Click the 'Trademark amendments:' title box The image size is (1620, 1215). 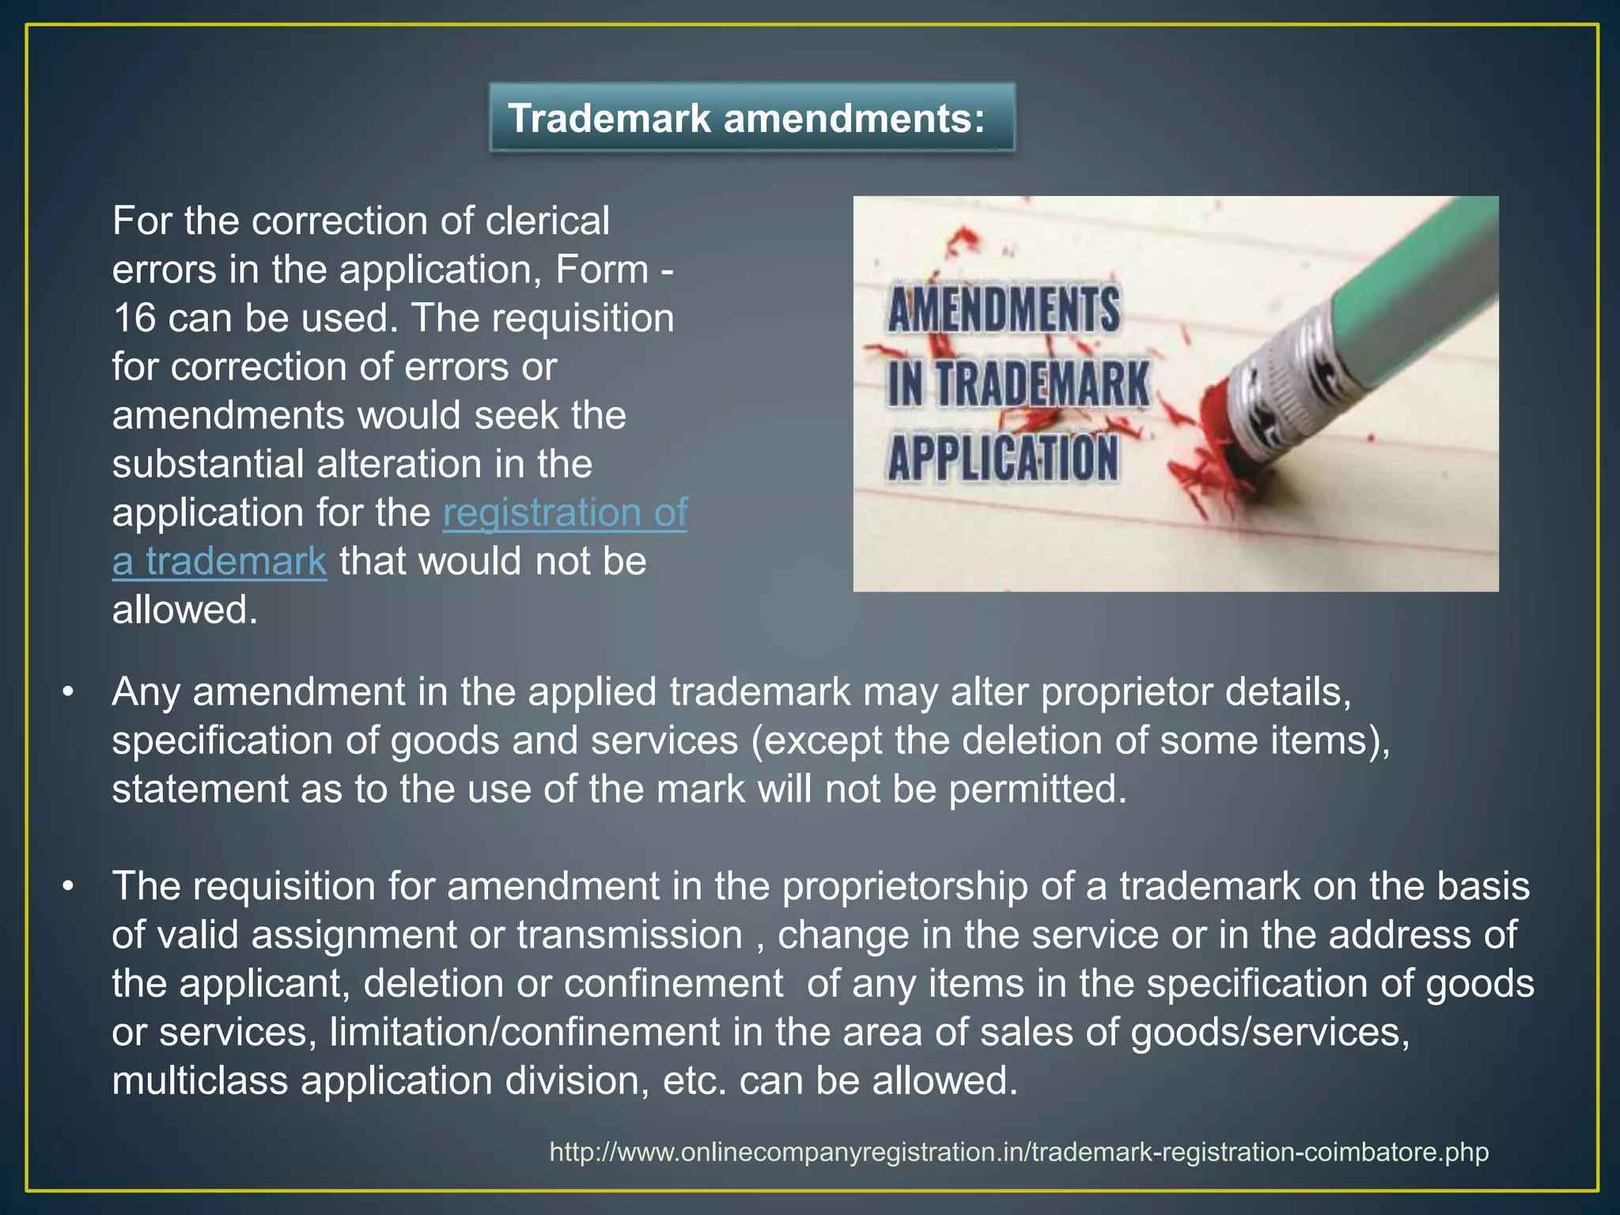751,118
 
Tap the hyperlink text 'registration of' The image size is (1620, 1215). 565,513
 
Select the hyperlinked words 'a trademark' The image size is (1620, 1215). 219,562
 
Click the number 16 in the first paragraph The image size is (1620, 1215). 134,318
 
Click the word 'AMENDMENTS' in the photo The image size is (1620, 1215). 1003,309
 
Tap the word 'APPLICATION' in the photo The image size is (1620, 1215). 1003,459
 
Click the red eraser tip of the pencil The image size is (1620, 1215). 1226,419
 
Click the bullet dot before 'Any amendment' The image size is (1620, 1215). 69,692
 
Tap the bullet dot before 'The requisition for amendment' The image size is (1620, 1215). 69,887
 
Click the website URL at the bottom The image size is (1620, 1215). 1019,1152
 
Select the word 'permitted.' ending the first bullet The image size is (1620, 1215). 1037,789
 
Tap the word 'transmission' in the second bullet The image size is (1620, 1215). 630,936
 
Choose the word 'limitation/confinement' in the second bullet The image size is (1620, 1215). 524,1032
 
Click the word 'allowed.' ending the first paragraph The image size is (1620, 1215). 185,611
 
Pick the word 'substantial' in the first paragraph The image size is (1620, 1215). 208,464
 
